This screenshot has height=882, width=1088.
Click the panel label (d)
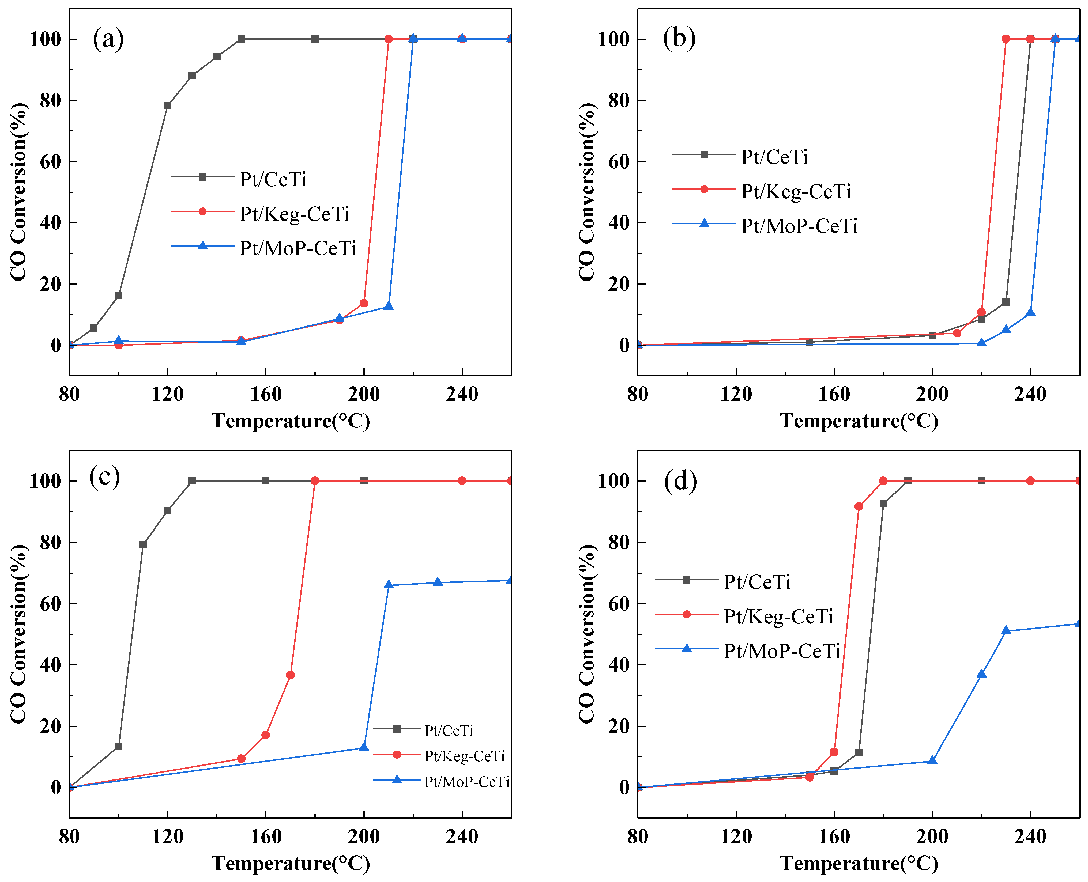(680, 481)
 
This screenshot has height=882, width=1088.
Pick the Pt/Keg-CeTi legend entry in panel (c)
(464, 756)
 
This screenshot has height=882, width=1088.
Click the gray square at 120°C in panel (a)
(167, 106)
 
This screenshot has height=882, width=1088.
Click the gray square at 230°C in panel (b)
(1006, 302)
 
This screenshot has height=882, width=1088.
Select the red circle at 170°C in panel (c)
(290, 675)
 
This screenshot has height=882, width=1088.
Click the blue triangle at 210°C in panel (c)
(389, 585)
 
